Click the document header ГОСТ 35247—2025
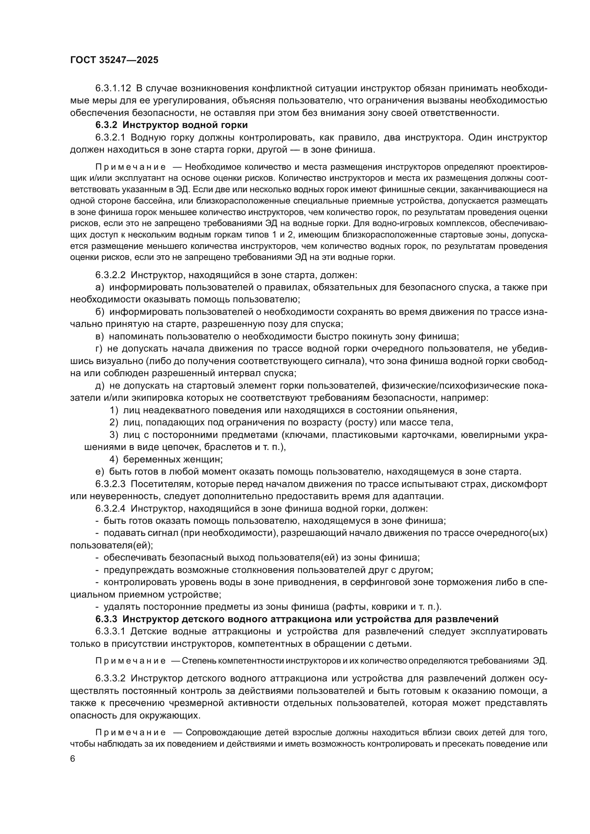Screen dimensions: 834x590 (x=114, y=60)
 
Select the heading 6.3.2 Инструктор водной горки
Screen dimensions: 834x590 (x=172, y=125)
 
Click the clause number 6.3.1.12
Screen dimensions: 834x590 (x=113, y=88)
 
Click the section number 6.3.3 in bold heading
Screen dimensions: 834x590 (x=106, y=619)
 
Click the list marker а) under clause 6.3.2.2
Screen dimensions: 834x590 (x=100, y=287)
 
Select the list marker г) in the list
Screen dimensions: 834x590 (x=99, y=349)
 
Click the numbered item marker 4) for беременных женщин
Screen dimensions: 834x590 (x=114, y=460)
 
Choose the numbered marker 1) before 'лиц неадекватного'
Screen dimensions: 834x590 (x=114, y=410)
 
